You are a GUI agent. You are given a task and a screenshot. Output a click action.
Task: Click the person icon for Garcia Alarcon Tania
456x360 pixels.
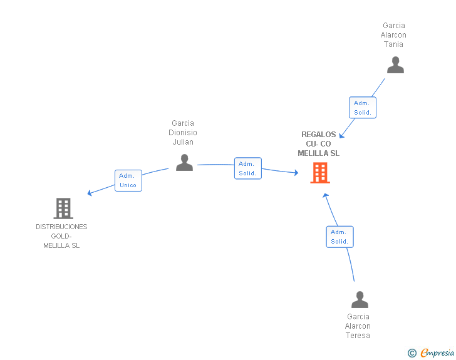coord(395,65)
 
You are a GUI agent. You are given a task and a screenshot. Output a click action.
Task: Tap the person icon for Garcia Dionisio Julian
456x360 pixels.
coord(184,162)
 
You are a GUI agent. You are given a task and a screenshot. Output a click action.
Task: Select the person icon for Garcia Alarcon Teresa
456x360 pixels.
coord(360,299)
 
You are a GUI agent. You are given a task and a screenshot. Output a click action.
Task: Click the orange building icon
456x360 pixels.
coord(320,173)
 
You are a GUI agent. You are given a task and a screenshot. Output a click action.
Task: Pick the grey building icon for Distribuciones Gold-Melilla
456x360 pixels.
coord(63,208)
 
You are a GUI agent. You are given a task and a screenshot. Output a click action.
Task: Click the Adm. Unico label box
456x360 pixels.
coord(128,180)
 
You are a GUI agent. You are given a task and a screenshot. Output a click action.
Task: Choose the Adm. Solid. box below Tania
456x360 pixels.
coord(363,108)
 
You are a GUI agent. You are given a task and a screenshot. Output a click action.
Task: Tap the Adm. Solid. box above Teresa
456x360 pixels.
coord(339,237)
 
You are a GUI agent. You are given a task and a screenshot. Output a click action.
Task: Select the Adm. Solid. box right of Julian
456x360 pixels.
coord(248,168)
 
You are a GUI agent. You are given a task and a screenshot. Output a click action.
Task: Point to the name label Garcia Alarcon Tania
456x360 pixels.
coord(393,35)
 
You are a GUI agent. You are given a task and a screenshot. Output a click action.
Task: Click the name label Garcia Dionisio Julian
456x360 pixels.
coord(183,133)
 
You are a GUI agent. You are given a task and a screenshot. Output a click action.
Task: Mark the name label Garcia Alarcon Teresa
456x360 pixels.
coord(358,326)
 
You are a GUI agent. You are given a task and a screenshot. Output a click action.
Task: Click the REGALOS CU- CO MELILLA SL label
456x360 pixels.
coord(318,143)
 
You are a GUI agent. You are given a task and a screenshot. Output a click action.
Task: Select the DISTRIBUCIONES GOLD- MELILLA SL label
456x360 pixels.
coord(61,236)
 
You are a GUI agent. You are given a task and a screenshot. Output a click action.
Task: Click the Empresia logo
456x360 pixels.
coord(437,353)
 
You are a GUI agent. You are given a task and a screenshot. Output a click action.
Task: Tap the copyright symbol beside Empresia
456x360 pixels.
coord(412,353)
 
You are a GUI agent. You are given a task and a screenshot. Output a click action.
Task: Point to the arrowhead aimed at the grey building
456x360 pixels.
coord(90,193)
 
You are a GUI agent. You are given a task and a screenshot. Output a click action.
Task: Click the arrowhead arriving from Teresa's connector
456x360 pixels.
coord(326,196)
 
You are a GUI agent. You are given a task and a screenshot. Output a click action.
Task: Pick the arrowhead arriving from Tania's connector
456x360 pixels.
coord(342,135)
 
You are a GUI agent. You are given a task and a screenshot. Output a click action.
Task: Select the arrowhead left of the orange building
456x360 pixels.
coord(296,173)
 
